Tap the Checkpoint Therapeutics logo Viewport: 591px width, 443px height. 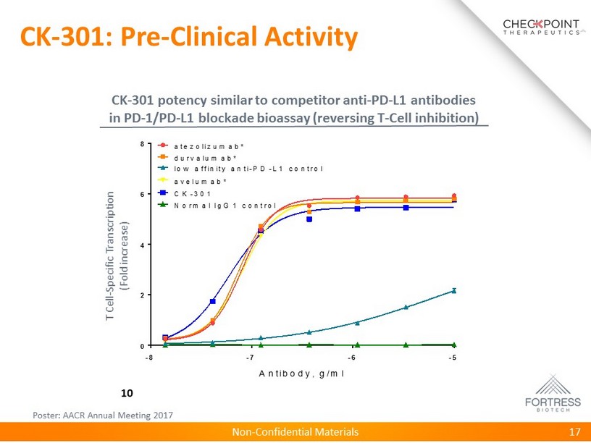pyautogui.click(x=542, y=28)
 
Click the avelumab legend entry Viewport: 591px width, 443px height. pyautogui.click(x=201, y=182)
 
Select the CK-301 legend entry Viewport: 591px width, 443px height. pyautogui.click(x=194, y=193)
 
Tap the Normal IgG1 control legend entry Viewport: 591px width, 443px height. pyautogui.click(x=225, y=205)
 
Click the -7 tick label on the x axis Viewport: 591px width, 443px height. pyautogui.click(x=250, y=358)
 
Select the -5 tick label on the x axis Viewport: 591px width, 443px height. pyautogui.click(x=453, y=358)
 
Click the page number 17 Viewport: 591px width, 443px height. pyautogui.click(x=575, y=432)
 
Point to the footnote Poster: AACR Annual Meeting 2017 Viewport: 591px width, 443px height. pyautogui.click(x=104, y=415)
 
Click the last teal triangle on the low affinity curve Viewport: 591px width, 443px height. pyautogui.click(x=454, y=290)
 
